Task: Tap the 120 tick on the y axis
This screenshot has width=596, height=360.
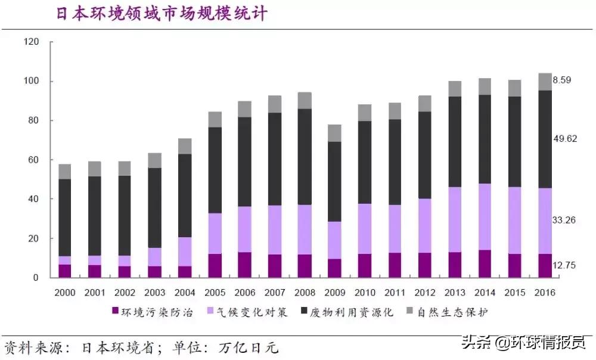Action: pyautogui.click(x=31, y=42)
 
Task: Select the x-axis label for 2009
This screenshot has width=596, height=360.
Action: pyautogui.click(x=335, y=292)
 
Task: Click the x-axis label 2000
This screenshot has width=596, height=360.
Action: pyautogui.click(x=64, y=292)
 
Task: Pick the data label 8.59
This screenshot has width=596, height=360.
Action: pyautogui.click(x=562, y=80)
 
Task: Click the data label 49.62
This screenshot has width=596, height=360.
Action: pyautogui.click(x=564, y=138)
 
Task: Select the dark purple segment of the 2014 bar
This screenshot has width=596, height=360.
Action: pyautogui.click(x=485, y=263)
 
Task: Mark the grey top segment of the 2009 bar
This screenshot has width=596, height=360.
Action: pyautogui.click(x=335, y=133)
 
